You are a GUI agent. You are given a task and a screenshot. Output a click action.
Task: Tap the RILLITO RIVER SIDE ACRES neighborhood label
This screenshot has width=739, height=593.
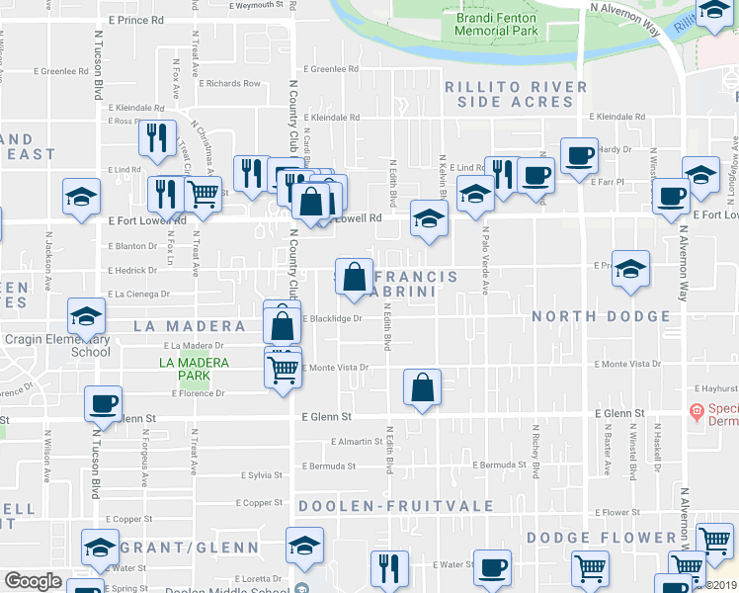pyautogui.click(x=516, y=95)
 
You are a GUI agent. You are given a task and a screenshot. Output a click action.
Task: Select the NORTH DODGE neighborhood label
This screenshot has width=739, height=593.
pyautogui.click(x=601, y=317)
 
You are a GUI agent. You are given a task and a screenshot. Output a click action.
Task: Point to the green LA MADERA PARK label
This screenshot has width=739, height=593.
pyautogui.click(x=194, y=370)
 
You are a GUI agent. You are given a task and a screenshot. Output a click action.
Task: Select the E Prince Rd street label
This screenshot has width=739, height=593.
pyautogui.click(x=136, y=20)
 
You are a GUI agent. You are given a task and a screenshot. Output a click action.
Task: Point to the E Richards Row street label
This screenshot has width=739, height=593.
pyautogui.click(x=229, y=84)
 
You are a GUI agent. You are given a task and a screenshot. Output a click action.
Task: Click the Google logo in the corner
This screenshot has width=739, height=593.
pyautogui.click(x=33, y=581)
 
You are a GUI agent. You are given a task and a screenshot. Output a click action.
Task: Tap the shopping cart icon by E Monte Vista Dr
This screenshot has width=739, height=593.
pyautogui.click(x=284, y=370)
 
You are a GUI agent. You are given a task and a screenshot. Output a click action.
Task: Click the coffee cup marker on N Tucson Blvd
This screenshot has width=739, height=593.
pyautogui.click(x=104, y=403)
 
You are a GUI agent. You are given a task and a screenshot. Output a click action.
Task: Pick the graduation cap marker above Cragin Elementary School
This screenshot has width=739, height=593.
pyautogui.click(x=86, y=316)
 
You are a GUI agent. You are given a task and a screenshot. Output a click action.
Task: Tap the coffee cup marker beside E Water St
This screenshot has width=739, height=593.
pyautogui.click(x=492, y=568)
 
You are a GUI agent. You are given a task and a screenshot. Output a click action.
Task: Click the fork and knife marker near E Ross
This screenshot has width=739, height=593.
pyautogui.click(x=156, y=139)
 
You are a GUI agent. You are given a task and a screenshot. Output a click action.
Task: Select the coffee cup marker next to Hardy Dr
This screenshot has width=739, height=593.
pyautogui.click(x=578, y=154)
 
